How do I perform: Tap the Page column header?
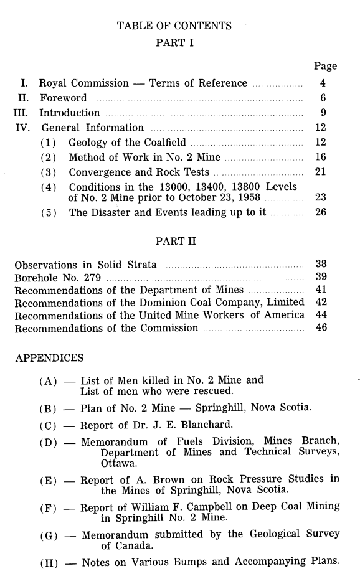click(325, 66)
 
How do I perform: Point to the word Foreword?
click(64, 98)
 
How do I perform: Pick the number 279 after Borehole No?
click(92, 277)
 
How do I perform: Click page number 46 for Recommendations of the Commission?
click(321, 329)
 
